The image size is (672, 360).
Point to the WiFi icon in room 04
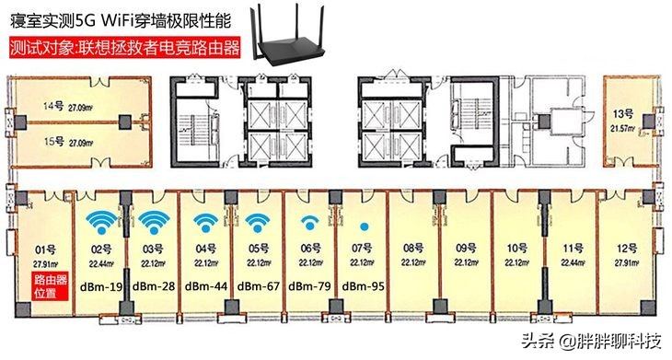(207, 223)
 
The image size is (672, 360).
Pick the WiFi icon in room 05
(259, 223)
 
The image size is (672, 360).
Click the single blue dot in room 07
(365, 226)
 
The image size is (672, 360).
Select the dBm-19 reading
(103, 286)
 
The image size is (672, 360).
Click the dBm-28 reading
(155, 286)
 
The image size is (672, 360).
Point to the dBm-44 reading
(208, 286)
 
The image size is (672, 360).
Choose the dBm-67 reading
(259, 286)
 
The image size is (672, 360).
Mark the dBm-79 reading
(312, 286)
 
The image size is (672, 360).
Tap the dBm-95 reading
(365, 286)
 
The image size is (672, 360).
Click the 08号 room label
(412, 247)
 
